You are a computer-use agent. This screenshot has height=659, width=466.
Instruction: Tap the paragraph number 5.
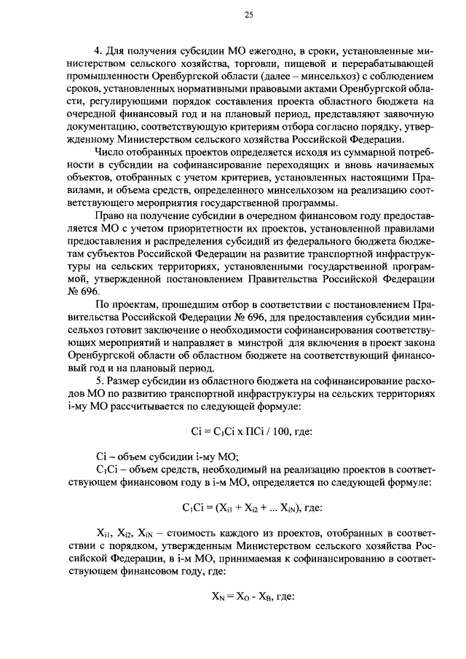[x=98, y=381]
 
